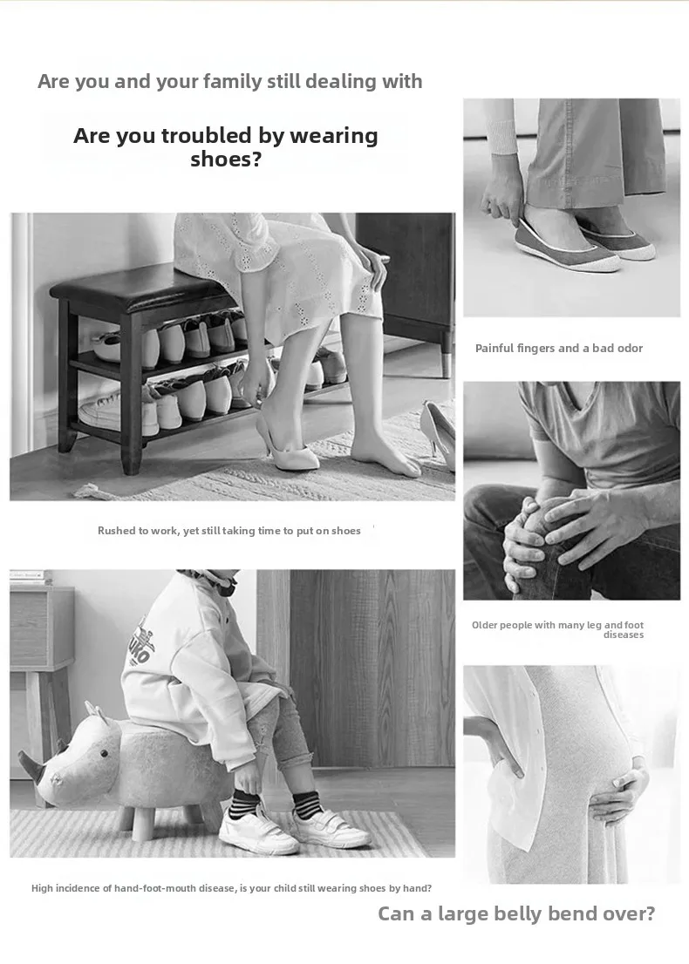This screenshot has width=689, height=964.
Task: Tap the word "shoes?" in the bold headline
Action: click(226, 160)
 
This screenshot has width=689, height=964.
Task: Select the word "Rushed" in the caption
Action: click(116, 531)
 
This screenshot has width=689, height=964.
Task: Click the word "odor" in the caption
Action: click(630, 349)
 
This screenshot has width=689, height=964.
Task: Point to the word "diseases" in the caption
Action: click(624, 635)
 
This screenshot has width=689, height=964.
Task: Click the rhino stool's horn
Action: click(31, 763)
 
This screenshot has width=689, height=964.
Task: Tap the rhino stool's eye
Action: click(103, 754)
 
